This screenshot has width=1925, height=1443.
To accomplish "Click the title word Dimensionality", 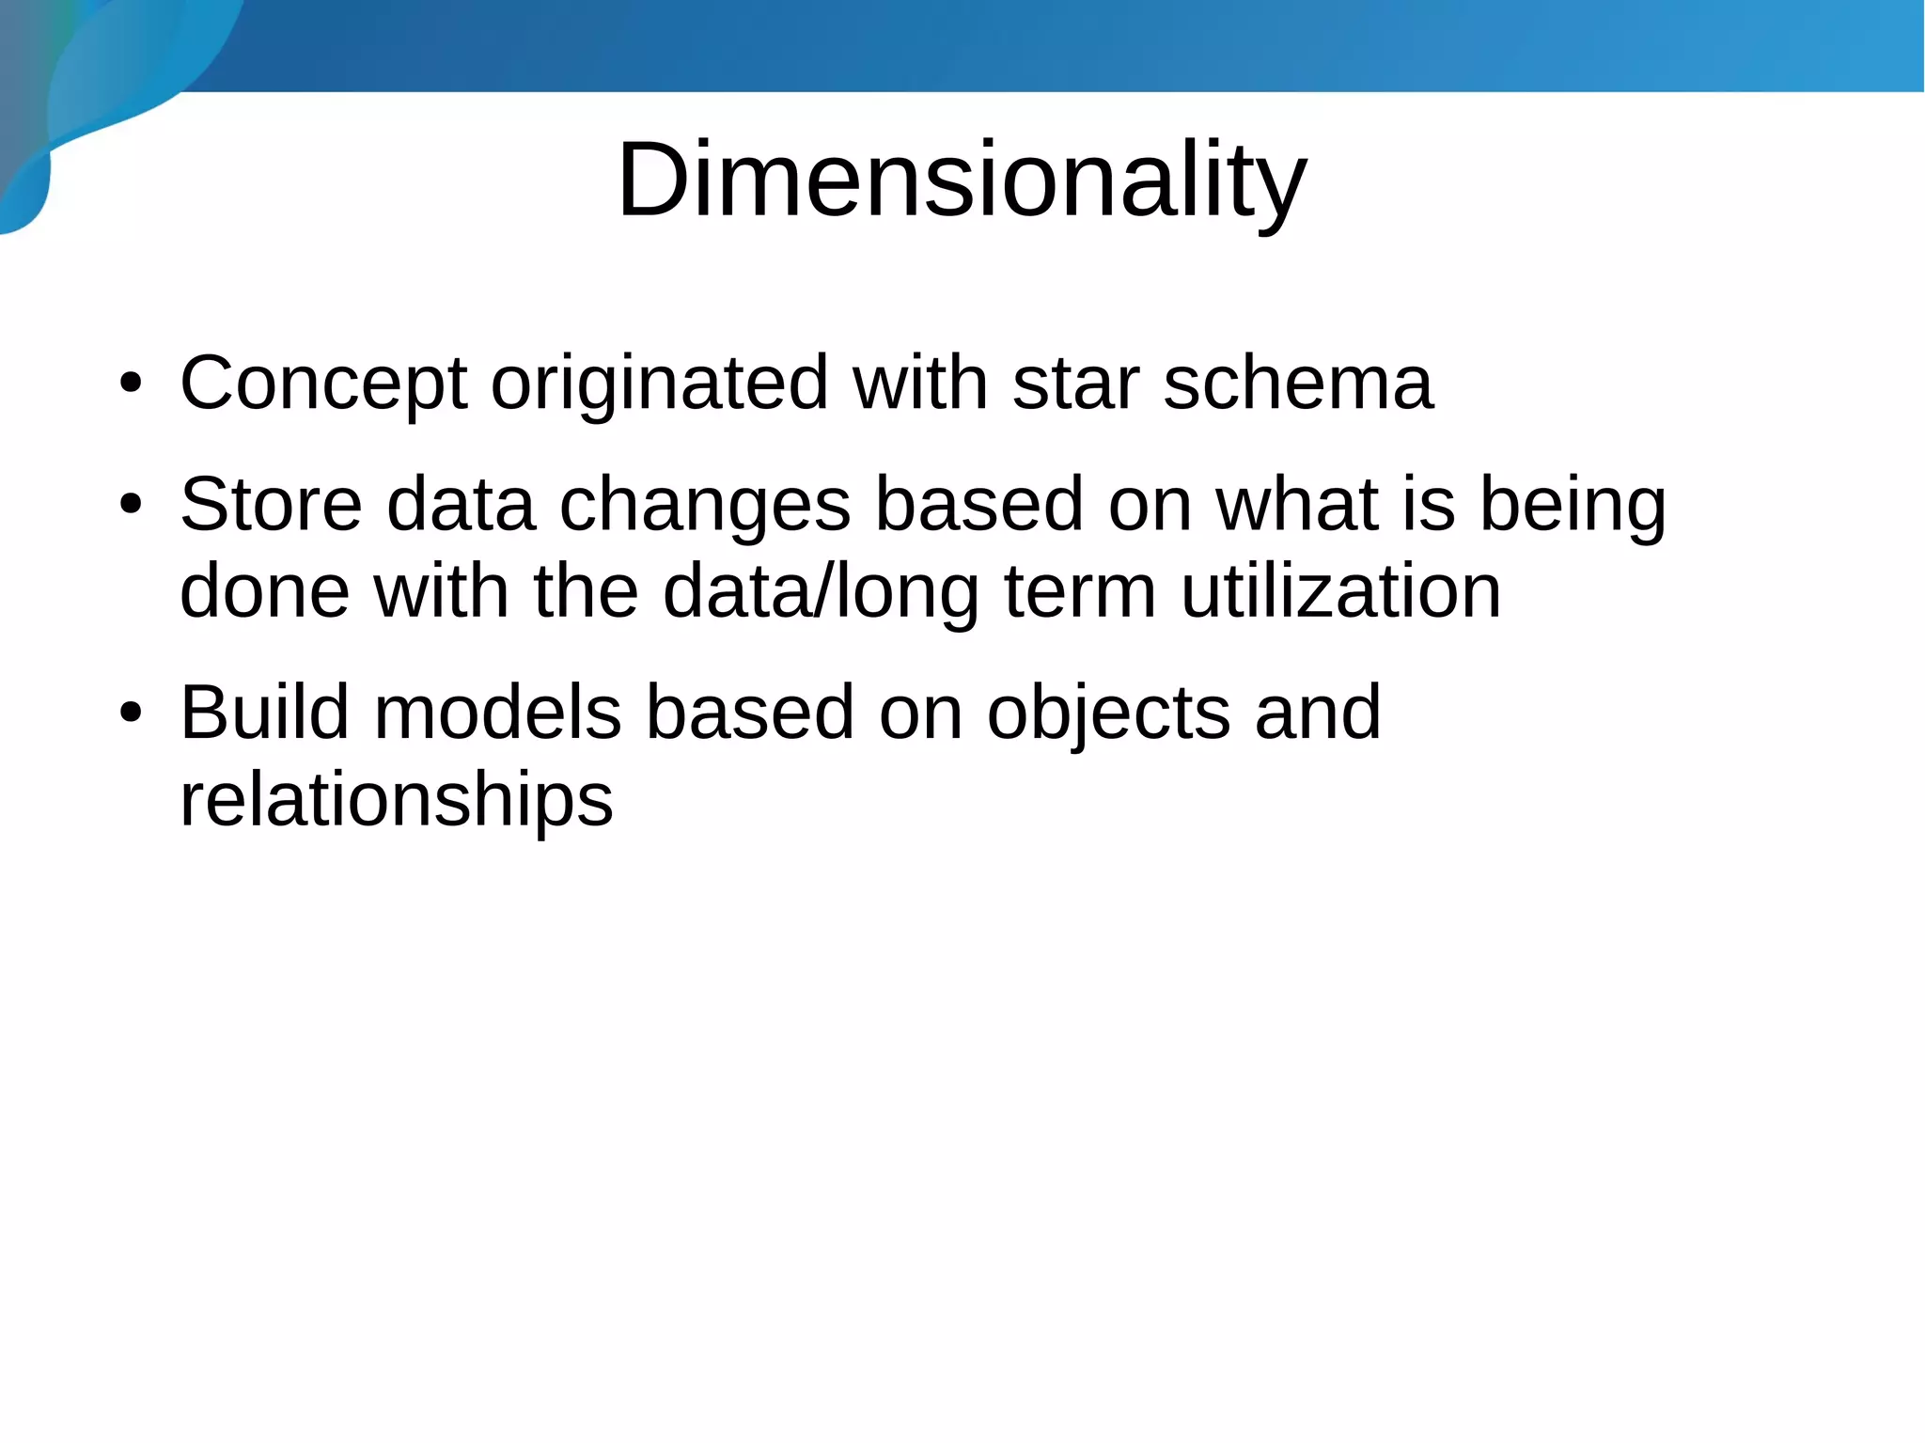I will (x=961, y=180).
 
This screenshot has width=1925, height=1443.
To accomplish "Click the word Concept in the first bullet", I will (x=322, y=384).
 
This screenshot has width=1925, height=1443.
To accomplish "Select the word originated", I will (x=659, y=384).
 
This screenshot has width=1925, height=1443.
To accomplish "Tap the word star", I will (x=1075, y=384).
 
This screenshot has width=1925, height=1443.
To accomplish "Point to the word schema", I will (x=1298, y=384).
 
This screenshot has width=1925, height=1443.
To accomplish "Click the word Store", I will (x=271, y=505).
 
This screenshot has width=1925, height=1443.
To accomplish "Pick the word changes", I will (x=705, y=505).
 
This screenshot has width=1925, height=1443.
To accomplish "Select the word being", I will (x=1573, y=505).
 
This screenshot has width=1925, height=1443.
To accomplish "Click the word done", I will (x=265, y=591).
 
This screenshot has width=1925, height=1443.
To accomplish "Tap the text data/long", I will (x=821, y=591).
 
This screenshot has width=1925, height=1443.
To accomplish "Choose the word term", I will (x=1079, y=591).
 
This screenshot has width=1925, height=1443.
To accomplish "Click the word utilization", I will (x=1340, y=591).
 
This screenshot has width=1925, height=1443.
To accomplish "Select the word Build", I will (x=265, y=713).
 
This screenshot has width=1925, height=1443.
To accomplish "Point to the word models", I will (x=497, y=713).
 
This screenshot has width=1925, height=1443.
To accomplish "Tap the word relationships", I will (x=396, y=800).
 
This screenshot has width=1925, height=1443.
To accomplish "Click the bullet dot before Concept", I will (x=131, y=384).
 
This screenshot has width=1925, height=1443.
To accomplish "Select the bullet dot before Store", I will (x=131, y=506).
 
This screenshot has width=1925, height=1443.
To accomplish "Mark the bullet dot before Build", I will (x=131, y=714).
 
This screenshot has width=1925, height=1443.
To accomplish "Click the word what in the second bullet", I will (x=1296, y=505).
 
